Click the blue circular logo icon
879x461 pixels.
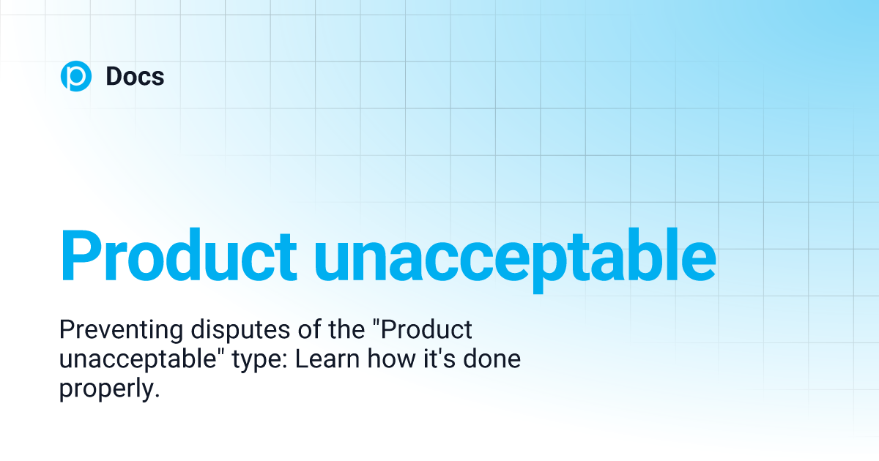tap(75, 76)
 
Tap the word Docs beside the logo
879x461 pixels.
tap(135, 76)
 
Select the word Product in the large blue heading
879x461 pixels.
tap(178, 255)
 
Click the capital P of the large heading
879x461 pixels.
tap(81, 255)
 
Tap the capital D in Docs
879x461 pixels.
tap(113, 76)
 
